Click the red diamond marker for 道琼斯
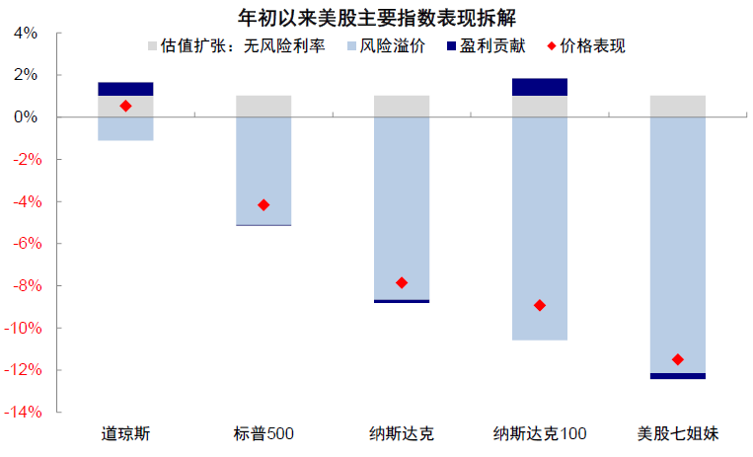(x=125, y=106)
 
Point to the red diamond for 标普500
(x=264, y=205)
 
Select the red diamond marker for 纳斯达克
(x=402, y=283)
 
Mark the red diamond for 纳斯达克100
(x=540, y=305)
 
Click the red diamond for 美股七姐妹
(x=678, y=359)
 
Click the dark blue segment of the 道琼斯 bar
(x=125, y=89)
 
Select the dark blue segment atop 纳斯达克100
(x=540, y=87)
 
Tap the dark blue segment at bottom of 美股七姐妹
(x=678, y=376)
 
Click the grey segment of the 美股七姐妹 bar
(x=678, y=106)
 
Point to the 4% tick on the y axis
(x=26, y=33)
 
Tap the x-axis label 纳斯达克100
(x=540, y=434)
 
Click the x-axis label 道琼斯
(x=125, y=434)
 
